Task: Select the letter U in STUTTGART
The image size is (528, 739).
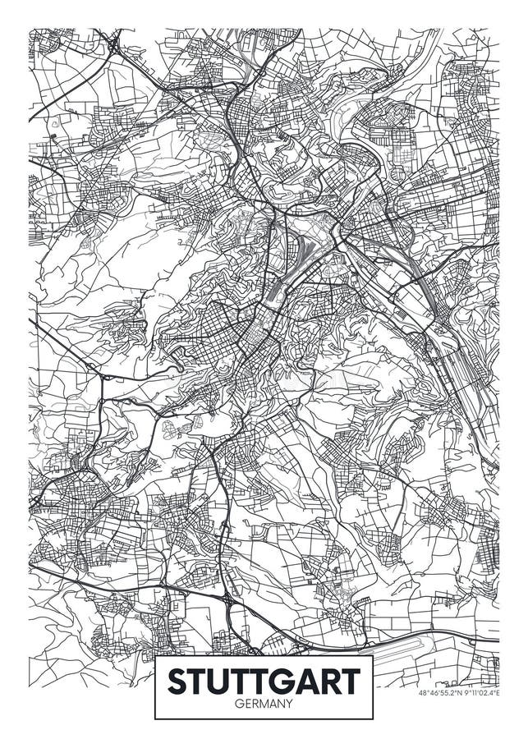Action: click(x=223, y=682)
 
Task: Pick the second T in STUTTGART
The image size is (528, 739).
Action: click(x=246, y=682)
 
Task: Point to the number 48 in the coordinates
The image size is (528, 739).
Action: click(x=423, y=693)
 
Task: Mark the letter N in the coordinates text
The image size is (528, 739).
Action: click(x=460, y=693)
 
